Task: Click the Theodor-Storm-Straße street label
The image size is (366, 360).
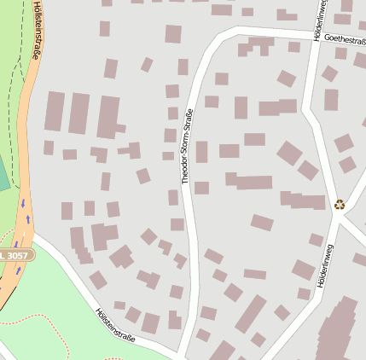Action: (187, 146)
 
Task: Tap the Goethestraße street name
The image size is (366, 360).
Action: (344, 39)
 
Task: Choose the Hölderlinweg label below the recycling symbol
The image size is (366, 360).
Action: (324, 264)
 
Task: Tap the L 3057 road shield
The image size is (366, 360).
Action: (16, 255)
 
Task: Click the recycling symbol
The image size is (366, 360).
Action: (340, 204)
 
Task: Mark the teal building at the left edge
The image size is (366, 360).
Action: (3, 175)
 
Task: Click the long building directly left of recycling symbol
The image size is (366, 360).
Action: (303, 201)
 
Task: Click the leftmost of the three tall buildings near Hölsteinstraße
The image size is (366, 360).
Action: (55, 112)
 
